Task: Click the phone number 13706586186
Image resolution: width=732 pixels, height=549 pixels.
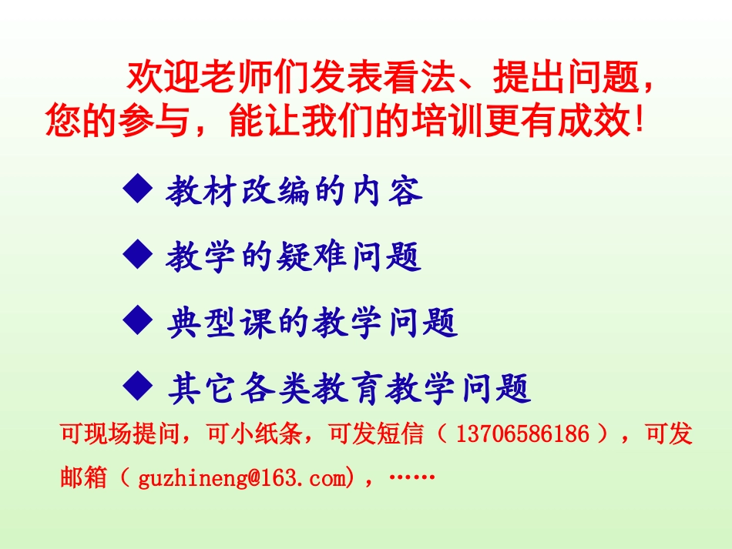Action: (x=523, y=435)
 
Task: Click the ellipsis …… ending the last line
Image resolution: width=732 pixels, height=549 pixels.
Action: (x=414, y=477)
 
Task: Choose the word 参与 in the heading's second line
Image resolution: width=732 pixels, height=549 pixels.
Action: (x=146, y=121)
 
